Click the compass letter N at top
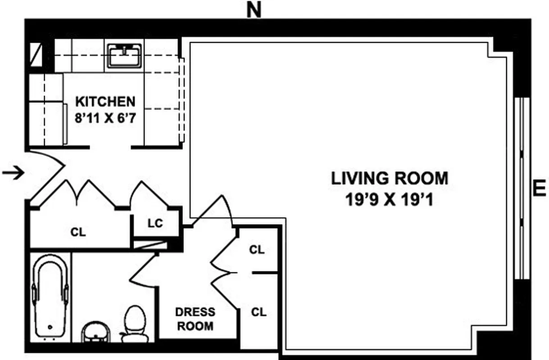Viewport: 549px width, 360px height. tap(254, 10)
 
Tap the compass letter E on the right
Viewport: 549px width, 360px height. tap(539, 188)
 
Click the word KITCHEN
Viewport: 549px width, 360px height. tap(104, 101)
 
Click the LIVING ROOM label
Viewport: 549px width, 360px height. tap(390, 179)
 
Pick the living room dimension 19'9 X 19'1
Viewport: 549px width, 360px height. tap(390, 199)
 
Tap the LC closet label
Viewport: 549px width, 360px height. tap(155, 223)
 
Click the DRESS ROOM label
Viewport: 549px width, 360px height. tap(195, 319)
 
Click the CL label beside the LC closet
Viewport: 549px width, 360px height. tap(78, 233)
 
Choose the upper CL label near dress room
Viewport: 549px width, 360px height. tap(257, 250)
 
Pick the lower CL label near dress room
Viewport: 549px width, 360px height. tap(259, 312)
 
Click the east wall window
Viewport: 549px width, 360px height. tap(522, 188)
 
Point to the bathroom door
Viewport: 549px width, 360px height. tap(143, 270)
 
